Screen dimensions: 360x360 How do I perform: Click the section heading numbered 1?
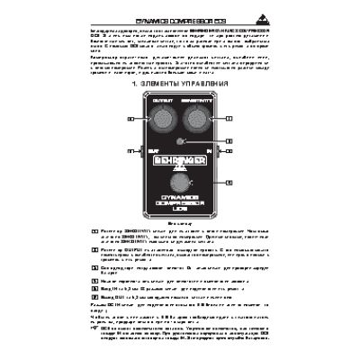(180, 83)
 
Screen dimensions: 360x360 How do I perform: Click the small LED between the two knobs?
(180, 142)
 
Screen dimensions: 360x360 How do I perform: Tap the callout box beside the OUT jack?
(130, 153)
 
